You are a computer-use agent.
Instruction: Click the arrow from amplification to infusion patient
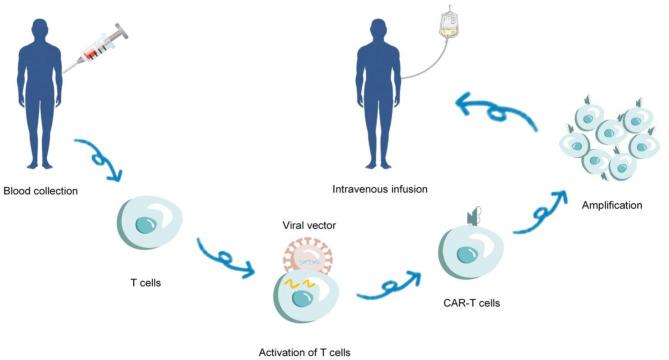(496, 107)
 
